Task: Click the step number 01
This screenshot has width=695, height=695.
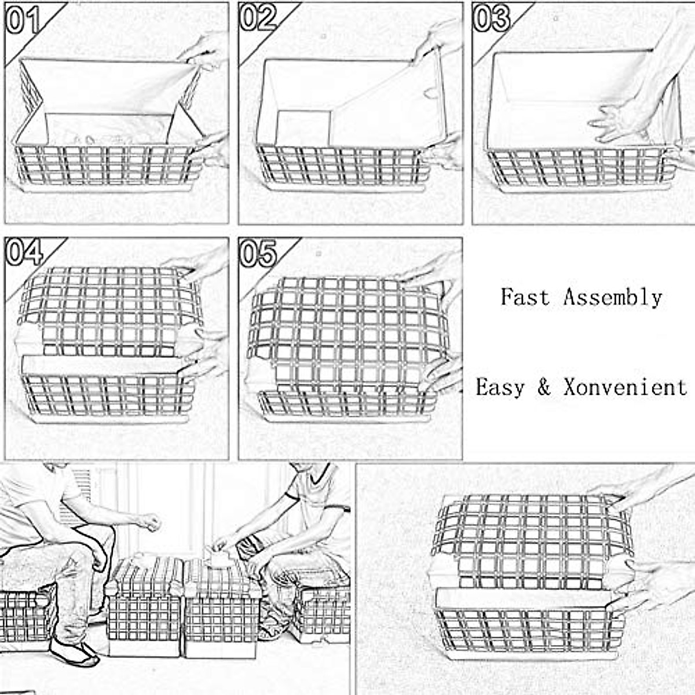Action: coord(23,20)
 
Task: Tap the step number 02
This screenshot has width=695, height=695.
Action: coord(258,18)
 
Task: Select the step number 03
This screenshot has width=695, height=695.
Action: coord(492,18)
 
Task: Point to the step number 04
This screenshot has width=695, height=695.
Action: coord(24,253)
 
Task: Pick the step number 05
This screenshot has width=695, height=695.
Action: coord(258,253)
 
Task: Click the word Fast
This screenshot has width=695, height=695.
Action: coord(525,297)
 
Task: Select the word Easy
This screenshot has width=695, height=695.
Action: coord(500,387)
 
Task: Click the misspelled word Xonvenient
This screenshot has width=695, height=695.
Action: coord(625,387)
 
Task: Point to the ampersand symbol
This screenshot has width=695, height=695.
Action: coord(543,387)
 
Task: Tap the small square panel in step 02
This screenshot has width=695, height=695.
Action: coord(303,128)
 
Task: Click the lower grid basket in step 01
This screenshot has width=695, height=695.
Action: coord(108,165)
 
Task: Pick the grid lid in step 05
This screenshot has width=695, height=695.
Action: coord(346,334)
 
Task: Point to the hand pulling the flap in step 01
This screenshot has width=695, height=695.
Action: coord(206,50)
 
